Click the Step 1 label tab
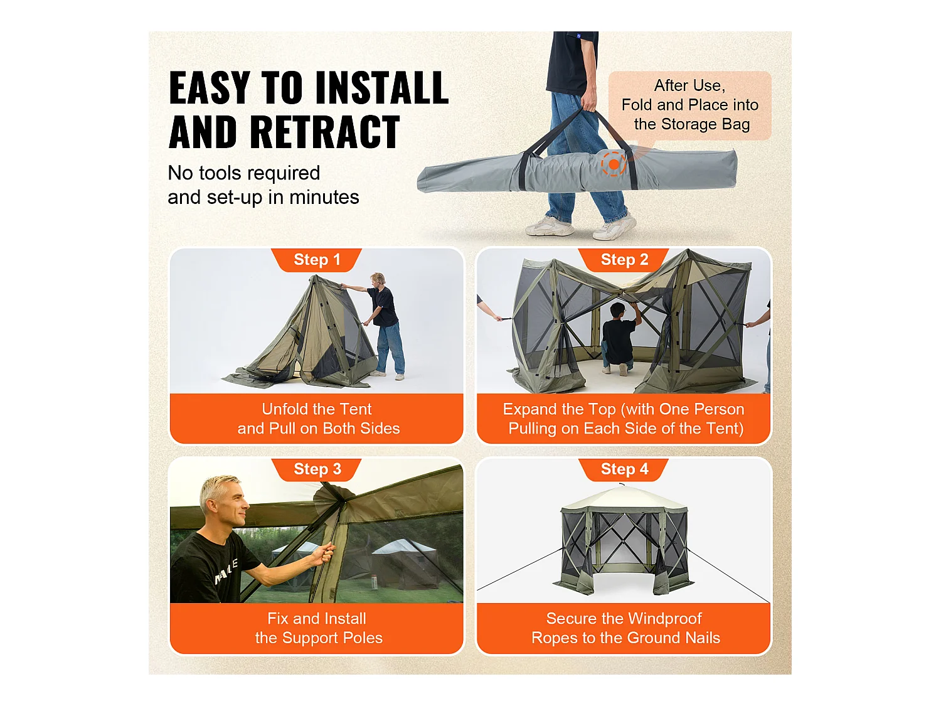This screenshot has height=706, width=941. tap(317, 260)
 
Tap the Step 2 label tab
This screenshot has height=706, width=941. tap(624, 260)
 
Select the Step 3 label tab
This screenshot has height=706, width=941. tap(317, 469)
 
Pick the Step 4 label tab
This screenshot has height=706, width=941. tap(624, 469)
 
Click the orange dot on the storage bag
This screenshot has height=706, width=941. tap(614, 164)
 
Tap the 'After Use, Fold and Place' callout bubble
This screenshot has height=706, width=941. tap(690, 105)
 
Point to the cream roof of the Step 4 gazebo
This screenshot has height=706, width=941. tap(624, 500)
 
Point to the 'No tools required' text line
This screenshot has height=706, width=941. tap(244, 173)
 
